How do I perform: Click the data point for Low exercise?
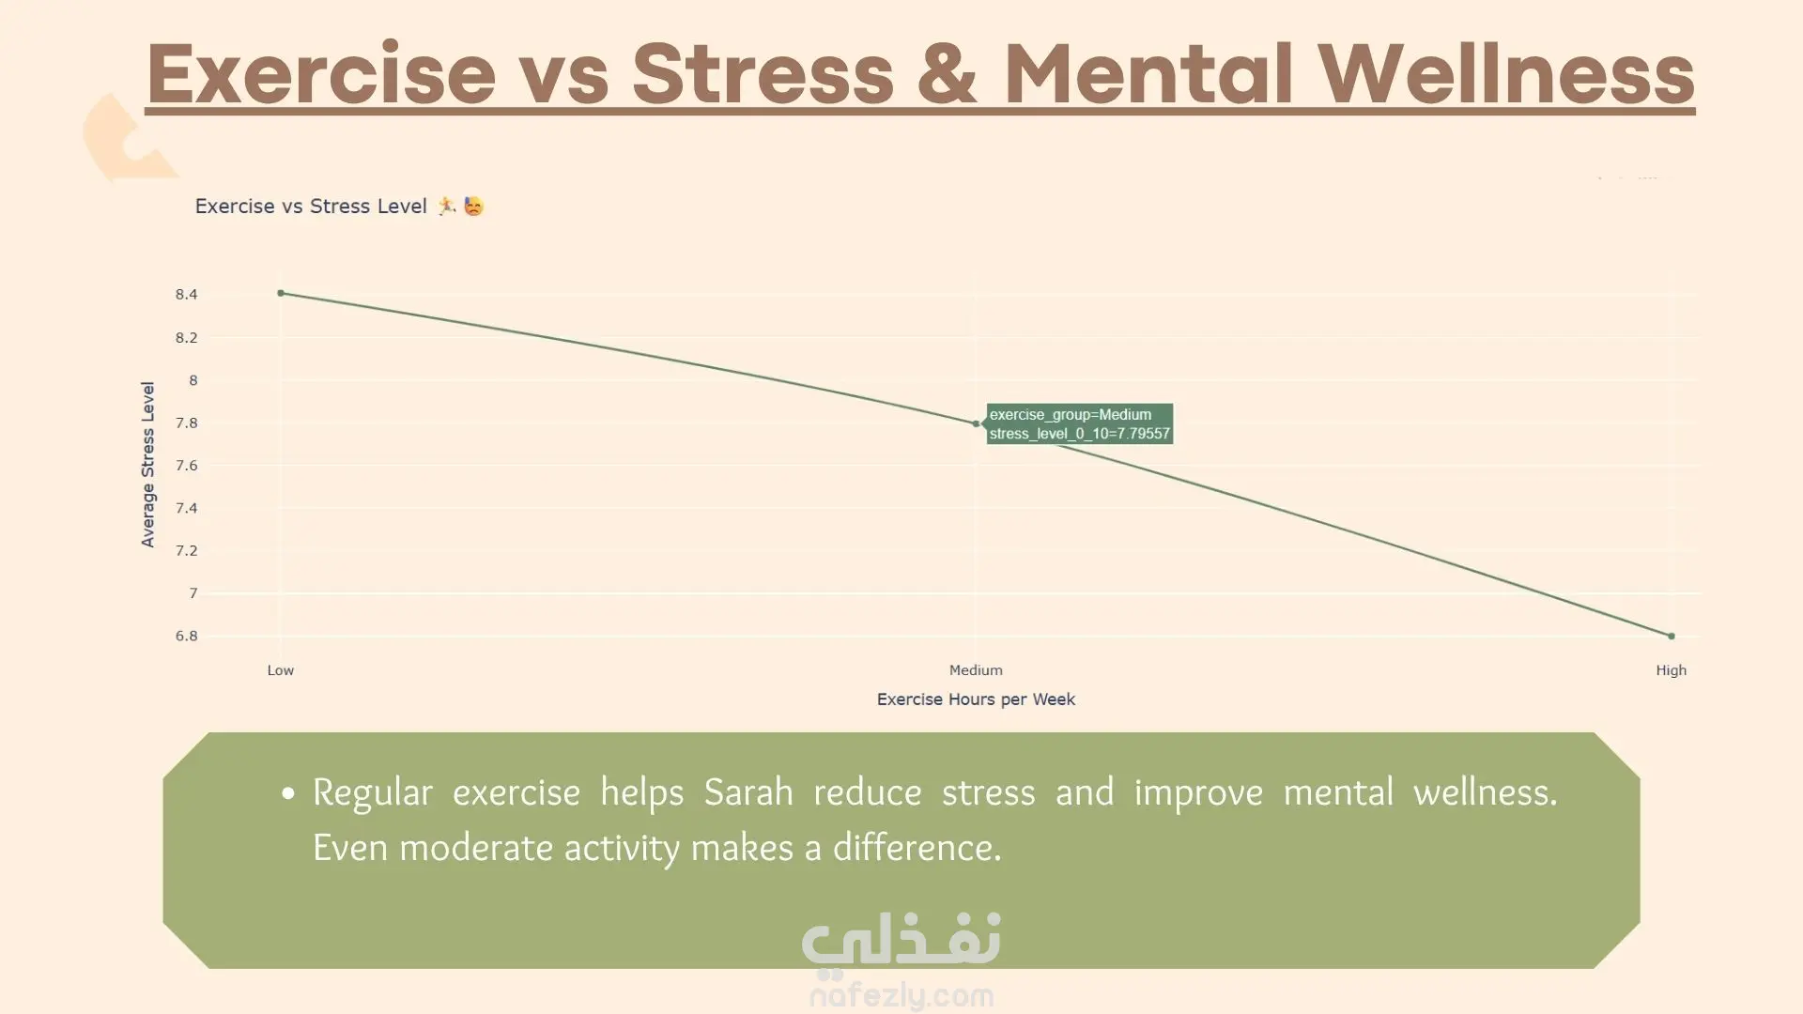(x=281, y=293)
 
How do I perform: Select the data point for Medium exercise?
(x=976, y=423)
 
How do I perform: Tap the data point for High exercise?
(x=1672, y=636)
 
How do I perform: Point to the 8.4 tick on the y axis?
(x=186, y=295)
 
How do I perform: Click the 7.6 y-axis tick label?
(x=186, y=466)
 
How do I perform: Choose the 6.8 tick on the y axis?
(x=186, y=636)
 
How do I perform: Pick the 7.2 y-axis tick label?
(x=186, y=550)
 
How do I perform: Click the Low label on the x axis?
(x=281, y=670)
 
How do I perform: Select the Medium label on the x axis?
(x=976, y=670)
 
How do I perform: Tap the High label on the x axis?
(x=1672, y=670)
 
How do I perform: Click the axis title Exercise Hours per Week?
(x=976, y=699)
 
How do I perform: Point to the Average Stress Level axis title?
(x=147, y=464)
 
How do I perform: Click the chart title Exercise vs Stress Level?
(x=311, y=207)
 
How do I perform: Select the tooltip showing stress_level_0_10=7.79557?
(x=1080, y=423)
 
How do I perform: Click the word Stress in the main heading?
(x=763, y=73)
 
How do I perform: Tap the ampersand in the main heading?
(x=948, y=73)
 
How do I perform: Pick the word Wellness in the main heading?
(x=1506, y=73)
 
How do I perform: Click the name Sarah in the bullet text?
(x=748, y=792)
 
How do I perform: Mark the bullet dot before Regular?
(x=288, y=794)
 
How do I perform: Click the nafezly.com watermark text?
(x=901, y=995)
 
